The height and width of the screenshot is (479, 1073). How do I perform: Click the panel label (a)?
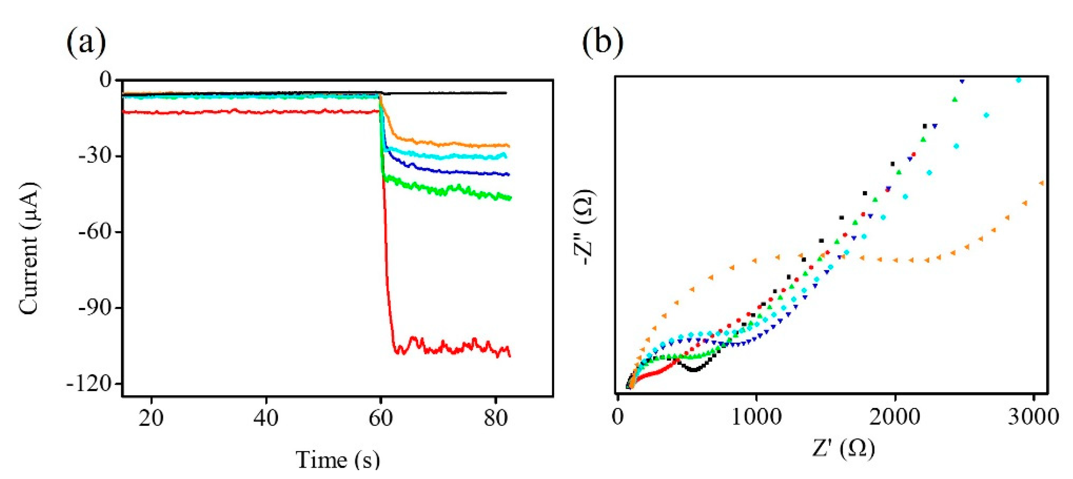(86, 43)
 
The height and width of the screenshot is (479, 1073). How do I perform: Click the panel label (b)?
(603, 43)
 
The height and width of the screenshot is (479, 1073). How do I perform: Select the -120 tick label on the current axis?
(89, 384)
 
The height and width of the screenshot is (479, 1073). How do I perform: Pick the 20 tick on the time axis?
(151, 418)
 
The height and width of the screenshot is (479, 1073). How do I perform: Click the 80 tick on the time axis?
(496, 418)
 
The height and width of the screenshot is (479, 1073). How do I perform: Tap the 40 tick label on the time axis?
(266, 418)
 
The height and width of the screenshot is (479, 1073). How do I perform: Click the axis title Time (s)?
(338, 460)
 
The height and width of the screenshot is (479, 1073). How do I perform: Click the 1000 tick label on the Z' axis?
(756, 417)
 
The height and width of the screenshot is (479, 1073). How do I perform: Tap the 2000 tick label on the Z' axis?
(895, 417)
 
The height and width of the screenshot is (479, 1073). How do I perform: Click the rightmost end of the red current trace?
(509, 355)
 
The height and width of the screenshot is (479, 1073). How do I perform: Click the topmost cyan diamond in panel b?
(1019, 80)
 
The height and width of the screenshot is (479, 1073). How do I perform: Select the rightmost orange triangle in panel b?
(1041, 183)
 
